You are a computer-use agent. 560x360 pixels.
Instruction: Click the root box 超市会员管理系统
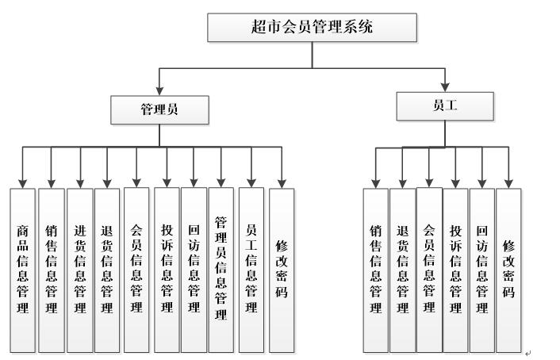pyautogui.click(x=312, y=28)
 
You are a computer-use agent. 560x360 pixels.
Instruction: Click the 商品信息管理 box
pyautogui.click(x=23, y=270)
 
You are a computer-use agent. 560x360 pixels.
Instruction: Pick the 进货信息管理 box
pyautogui.click(x=79, y=270)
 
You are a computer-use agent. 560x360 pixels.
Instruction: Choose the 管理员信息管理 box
pyautogui.click(x=222, y=270)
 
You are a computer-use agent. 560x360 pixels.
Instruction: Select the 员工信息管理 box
pyautogui.click(x=251, y=270)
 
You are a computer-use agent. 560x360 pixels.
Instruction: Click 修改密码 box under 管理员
pyautogui.click(x=282, y=270)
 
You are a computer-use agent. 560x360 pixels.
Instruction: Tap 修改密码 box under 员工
pyautogui.click(x=508, y=270)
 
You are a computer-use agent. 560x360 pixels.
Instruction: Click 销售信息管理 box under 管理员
pyautogui.click(x=51, y=270)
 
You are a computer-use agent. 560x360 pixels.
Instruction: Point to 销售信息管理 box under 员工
pyautogui.click(x=376, y=270)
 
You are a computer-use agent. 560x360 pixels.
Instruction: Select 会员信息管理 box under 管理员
pyautogui.click(x=136, y=270)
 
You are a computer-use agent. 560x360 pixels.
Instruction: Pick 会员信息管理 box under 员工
pyautogui.click(x=429, y=270)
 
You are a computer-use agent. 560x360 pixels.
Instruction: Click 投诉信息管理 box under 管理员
pyautogui.click(x=167, y=270)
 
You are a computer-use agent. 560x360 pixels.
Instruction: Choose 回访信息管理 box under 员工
pyautogui.click(x=481, y=270)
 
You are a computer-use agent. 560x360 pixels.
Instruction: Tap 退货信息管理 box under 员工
pyautogui.click(x=402, y=270)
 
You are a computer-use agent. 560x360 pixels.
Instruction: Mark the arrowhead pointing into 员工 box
pyautogui.click(x=444, y=86)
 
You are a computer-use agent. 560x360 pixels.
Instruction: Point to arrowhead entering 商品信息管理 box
pyautogui.click(x=22, y=182)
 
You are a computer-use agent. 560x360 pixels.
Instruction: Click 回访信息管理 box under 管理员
pyautogui.click(x=194, y=270)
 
